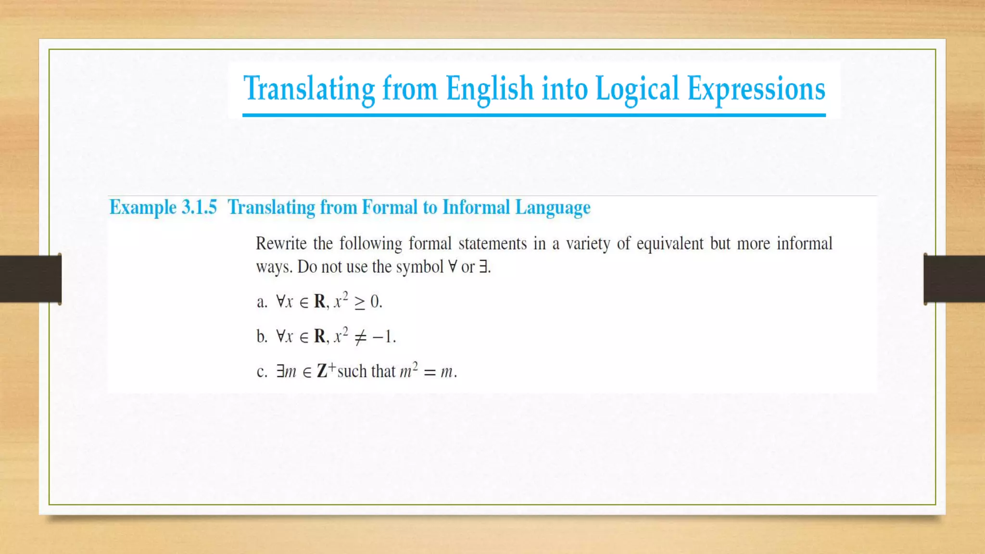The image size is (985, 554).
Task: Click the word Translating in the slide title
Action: (309, 89)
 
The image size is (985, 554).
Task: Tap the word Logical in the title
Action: (637, 89)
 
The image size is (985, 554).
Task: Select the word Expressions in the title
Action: (756, 89)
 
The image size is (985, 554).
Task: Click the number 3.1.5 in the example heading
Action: (199, 207)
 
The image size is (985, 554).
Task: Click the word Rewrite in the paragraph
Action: (281, 243)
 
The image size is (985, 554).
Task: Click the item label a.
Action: (262, 302)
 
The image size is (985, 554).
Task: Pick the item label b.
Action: (262, 337)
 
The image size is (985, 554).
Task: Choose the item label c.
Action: (262, 372)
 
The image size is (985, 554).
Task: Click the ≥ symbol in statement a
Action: (359, 302)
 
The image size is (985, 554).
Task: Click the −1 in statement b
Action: (383, 337)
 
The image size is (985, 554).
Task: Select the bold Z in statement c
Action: (322, 371)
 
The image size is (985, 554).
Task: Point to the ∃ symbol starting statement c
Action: (280, 371)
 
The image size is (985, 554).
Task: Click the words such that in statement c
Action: (366, 371)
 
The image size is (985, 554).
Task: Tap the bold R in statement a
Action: (320, 302)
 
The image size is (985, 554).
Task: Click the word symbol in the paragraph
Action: (419, 267)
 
